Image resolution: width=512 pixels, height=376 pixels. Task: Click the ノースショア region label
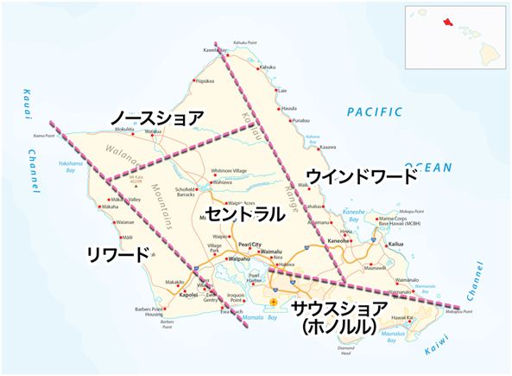pyautogui.click(x=156, y=118)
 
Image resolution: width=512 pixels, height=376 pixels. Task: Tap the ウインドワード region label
pyautogui.click(x=362, y=177)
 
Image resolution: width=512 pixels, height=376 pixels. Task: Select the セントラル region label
pyautogui.click(x=244, y=213)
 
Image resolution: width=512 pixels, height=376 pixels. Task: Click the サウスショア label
pyautogui.click(x=338, y=309)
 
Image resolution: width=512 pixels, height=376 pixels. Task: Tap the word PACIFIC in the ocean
pyautogui.click(x=375, y=112)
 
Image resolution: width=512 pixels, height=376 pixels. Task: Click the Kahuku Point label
pyautogui.click(x=246, y=42)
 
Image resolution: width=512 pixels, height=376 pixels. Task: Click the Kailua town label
pyautogui.click(x=395, y=245)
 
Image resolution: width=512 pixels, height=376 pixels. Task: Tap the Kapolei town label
pyautogui.click(x=188, y=295)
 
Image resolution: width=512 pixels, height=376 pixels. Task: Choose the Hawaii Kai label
pyautogui.click(x=422, y=317)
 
